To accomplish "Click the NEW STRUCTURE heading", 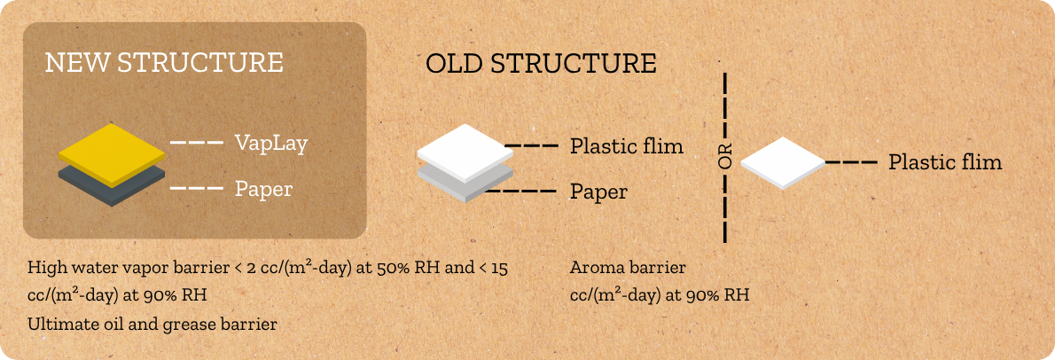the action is [x=164, y=63].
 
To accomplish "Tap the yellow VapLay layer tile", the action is [x=112, y=154].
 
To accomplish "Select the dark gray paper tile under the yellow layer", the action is [x=112, y=186].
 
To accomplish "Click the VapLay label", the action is [x=271, y=144].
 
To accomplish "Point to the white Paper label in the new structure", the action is [x=264, y=190].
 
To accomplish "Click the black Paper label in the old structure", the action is [x=598, y=192].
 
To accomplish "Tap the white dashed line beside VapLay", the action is [x=197, y=143].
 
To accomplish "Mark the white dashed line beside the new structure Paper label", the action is [x=197, y=188].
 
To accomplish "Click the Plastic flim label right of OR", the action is [x=945, y=162].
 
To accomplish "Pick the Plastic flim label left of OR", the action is [x=627, y=146].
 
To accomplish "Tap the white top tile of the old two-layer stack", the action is [x=461, y=153].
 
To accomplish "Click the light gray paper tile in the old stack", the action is [x=461, y=185].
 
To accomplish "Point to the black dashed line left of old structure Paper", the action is [x=520, y=192].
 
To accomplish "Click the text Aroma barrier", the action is [x=628, y=268].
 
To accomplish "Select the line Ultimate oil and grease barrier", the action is [x=152, y=325].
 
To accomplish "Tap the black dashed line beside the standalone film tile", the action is [x=850, y=162].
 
